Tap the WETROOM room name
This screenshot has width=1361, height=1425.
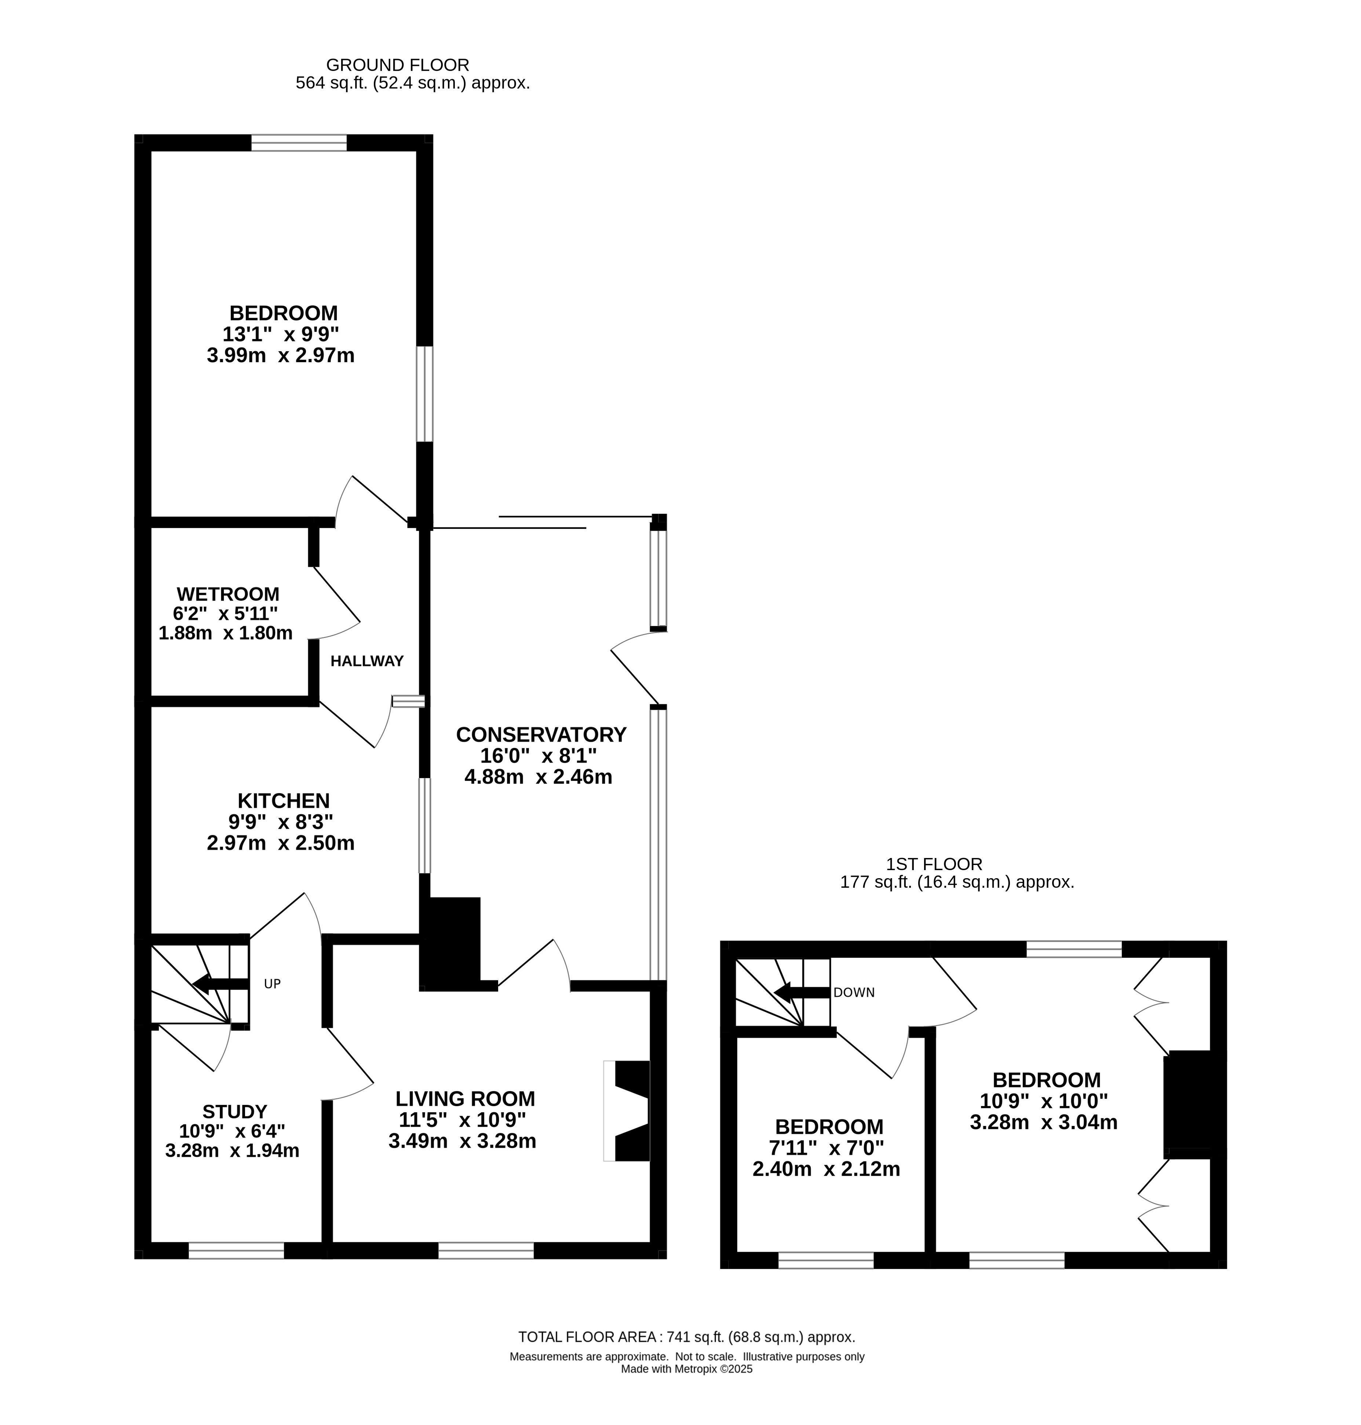(228, 594)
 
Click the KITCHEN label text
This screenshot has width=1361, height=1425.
(284, 801)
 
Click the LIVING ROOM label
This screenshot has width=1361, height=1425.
(465, 1098)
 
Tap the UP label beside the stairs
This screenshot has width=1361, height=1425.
(272, 985)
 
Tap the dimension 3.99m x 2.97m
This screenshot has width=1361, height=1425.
(281, 356)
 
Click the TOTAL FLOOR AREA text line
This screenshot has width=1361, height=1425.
(686, 1337)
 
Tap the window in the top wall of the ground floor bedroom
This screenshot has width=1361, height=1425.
(299, 143)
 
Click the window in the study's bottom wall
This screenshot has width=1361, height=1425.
(236, 1250)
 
